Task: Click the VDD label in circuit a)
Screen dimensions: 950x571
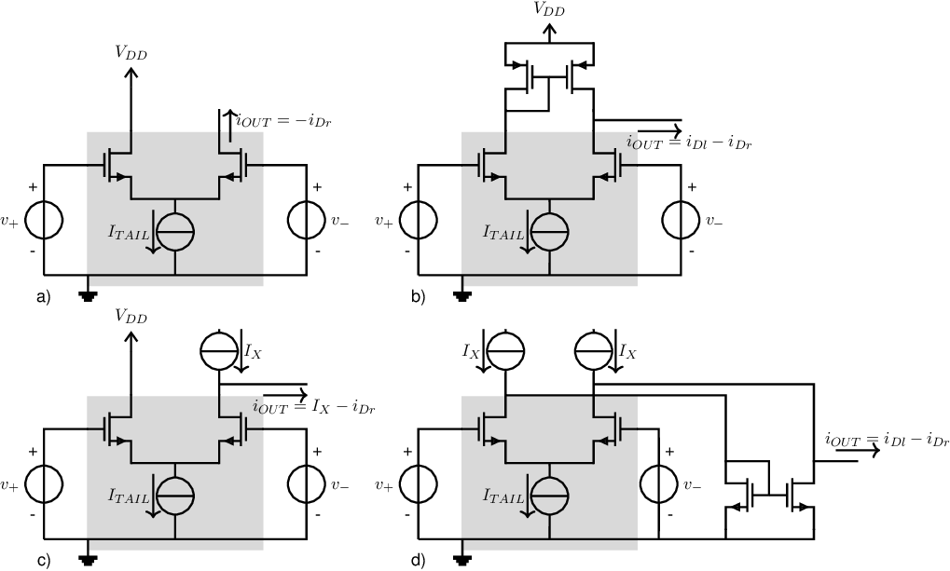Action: point(131,53)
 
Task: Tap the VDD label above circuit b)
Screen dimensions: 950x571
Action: point(548,8)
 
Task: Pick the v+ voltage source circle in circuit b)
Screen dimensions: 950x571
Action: point(418,221)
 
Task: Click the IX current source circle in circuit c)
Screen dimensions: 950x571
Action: point(219,350)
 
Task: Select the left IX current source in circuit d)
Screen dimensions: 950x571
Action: point(505,350)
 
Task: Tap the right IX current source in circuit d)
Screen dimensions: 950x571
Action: point(594,350)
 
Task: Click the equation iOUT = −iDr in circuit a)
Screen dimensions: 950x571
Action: point(283,121)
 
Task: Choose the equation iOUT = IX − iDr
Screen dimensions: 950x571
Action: point(314,407)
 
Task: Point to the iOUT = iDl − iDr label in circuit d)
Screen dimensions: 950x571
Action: point(887,441)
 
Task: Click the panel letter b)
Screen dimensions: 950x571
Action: point(418,297)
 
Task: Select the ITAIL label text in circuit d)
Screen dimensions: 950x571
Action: point(503,496)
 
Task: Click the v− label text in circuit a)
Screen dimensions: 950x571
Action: point(340,221)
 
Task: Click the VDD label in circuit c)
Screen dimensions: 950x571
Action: point(131,316)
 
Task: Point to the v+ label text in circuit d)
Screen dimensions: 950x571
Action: point(383,485)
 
